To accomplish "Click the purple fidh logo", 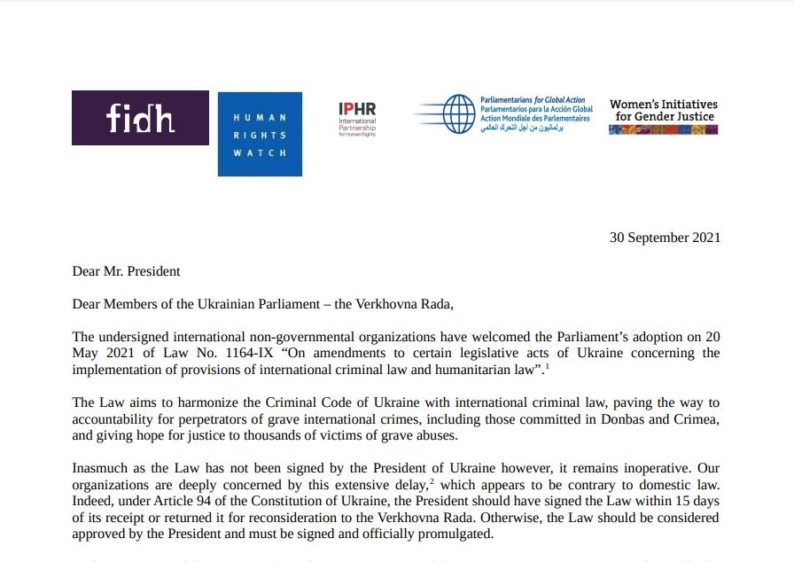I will tap(140, 117).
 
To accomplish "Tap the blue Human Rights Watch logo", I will tap(260, 134).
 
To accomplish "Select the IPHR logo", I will tap(357, 119).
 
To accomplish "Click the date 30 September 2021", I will tap(665, 238).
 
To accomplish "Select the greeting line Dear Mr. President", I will tap(126, 270).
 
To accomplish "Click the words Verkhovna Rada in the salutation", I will tap(402, 304).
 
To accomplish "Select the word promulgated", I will tap(450, 535).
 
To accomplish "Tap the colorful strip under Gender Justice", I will tap(663, 129).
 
